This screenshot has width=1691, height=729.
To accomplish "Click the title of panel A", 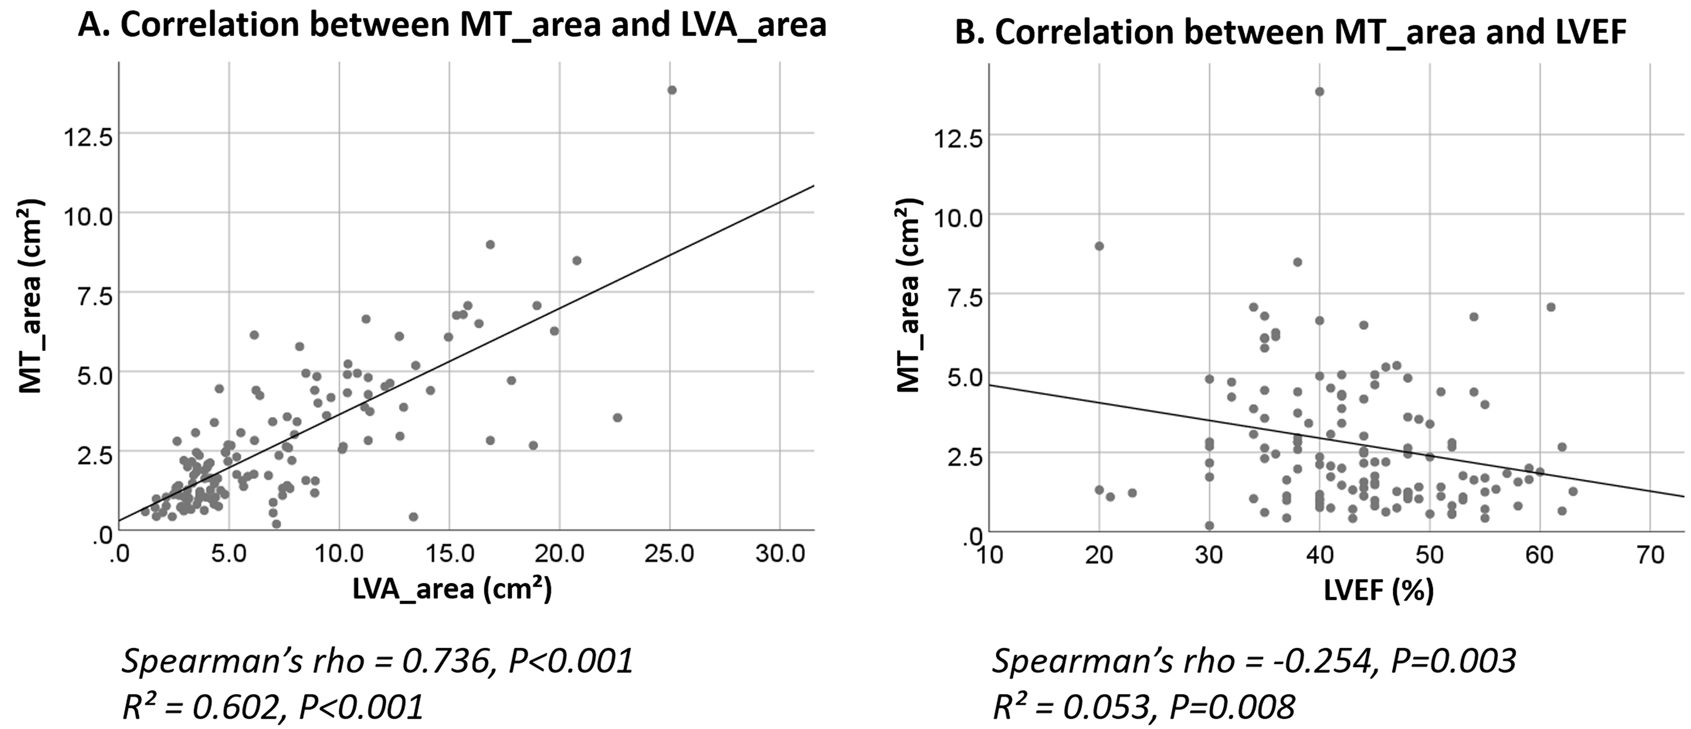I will point(451,25).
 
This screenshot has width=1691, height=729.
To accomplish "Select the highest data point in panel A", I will point(671,90).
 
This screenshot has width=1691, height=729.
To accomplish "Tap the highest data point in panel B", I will point(1320,91).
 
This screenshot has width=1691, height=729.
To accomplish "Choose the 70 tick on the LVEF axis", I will point(1650,555).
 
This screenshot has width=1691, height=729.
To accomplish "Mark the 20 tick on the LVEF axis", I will point(1099,555).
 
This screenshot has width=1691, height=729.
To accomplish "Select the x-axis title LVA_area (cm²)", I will point(451,589).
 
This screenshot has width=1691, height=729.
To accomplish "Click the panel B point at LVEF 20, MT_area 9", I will point(1099,246).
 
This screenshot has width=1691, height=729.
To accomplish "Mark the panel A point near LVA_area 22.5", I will point(617,417).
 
